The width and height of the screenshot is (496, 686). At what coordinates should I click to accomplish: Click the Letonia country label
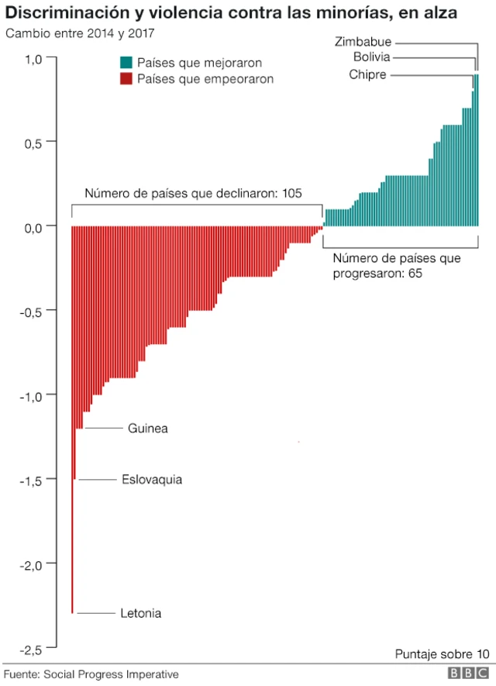[140, 613]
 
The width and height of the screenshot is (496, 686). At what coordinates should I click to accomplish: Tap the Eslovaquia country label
[152, 479]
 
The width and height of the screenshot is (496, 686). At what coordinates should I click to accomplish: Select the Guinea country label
[147, 428]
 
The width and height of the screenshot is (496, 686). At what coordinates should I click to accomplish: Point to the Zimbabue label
[363, 41]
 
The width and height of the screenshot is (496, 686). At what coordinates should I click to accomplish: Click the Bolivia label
[371, 57]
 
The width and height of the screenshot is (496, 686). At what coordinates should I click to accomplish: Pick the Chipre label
[367, 74]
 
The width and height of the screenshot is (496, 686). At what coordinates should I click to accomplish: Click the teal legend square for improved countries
[126, 62]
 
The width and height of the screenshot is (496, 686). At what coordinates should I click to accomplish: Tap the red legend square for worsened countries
[126, 79]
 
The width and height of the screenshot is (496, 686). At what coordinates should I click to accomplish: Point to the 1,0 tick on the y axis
[36, 59]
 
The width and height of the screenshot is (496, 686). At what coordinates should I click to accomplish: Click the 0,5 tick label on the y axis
[36, 142]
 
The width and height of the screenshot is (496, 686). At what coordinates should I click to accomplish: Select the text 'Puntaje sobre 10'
[442, 652]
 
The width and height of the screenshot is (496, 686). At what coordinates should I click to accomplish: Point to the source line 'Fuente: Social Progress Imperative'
[91, 674]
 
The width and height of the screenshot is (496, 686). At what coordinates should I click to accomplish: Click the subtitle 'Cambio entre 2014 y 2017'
[80, 33]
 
